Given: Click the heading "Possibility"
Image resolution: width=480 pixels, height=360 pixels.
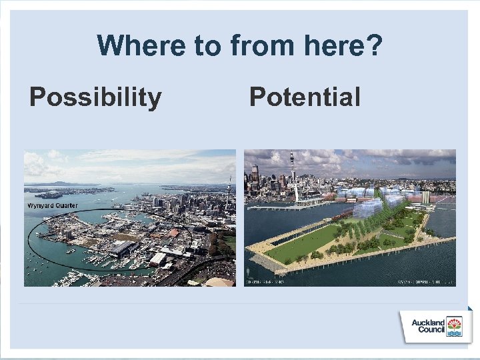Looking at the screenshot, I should tap(95, 97).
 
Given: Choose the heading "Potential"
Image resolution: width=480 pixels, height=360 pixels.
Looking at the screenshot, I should tap(305, 97).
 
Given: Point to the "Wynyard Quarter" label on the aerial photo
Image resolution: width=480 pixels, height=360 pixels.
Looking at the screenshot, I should tap(52, 206).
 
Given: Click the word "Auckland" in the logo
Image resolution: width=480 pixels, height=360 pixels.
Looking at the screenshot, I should tap(428, 323).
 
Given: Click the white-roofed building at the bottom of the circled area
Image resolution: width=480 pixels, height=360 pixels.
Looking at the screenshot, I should tap(158, 259).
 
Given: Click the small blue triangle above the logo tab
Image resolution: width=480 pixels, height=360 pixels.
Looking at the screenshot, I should tap(469, 308).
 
